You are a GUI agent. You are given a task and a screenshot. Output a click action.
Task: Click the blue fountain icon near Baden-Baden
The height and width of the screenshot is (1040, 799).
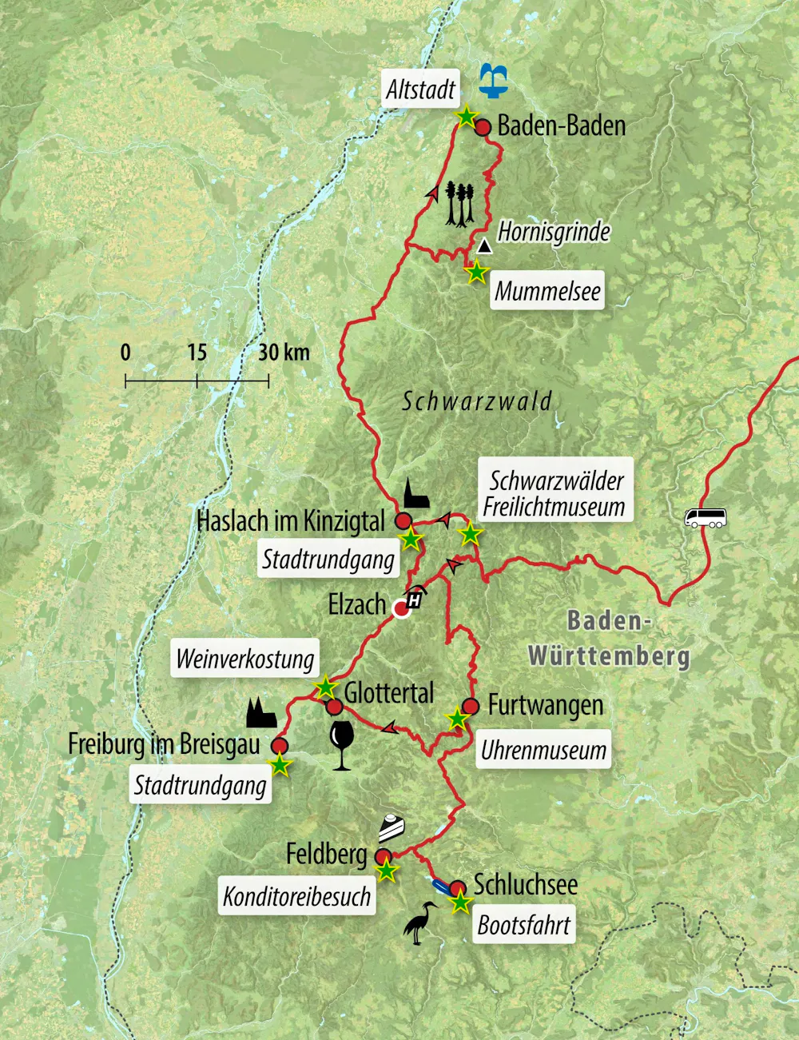(x=494, y=82)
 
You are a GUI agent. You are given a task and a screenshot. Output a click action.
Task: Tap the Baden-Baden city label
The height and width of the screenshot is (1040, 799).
(x=561, y=126)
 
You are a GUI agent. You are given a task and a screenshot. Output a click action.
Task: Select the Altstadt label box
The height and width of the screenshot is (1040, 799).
(x=420, y=90)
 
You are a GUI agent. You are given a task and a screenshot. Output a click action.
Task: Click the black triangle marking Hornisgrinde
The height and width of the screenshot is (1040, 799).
(x=484, y=246)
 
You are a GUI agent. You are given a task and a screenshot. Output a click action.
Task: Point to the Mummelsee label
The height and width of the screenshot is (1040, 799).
(x=547, y=291)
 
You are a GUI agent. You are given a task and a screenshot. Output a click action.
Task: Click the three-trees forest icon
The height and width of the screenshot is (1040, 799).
(x=460, y=204)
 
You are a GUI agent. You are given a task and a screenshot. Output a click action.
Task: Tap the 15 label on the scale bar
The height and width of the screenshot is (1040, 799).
(x=197, y=353)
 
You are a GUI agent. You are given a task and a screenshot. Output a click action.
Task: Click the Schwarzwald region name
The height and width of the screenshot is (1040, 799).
(x=476, y=401)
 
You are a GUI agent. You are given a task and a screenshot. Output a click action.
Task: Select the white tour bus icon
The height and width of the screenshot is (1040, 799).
(x=706, y=518)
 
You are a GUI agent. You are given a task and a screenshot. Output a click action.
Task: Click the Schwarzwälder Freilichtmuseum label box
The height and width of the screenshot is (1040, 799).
(x=556, y=492)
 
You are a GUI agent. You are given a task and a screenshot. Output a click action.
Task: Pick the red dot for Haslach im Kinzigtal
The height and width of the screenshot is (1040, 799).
(x=403, y=521)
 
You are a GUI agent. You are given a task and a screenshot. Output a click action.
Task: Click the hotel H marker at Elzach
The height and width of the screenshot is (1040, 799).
(x=415, y=600)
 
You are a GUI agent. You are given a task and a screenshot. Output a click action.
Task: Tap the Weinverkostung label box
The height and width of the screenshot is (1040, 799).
(x=245, y=659)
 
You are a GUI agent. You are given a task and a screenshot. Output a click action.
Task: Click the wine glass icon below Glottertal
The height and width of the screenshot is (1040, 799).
(x=341, y=745)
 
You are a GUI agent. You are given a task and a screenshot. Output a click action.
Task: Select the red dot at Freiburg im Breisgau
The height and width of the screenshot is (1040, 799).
(x=279, y=746)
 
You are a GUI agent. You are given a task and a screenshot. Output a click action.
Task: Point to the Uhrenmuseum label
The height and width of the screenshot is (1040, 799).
(x=543, y=750)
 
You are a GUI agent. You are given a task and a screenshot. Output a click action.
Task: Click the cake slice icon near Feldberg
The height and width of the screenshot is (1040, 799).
(x=391, y=828)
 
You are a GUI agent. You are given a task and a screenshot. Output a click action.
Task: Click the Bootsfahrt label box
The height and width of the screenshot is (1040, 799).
(x=523, y=926)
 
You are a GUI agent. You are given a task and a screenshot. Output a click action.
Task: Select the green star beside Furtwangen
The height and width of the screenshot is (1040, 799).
(x=457, y=719)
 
